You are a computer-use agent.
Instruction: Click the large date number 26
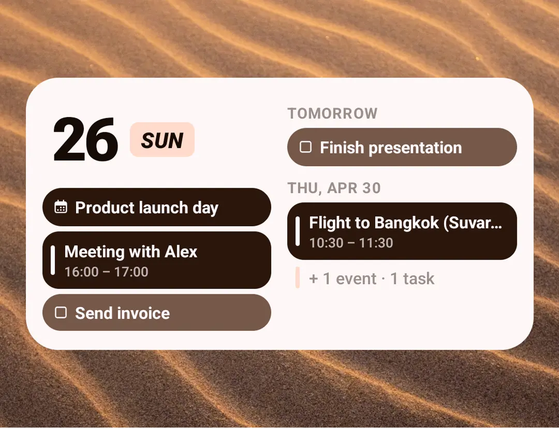click(x=85, y=139)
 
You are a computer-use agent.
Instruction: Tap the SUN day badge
click(x=162, y=140)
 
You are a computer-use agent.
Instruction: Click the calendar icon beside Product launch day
click(x=61, y=207)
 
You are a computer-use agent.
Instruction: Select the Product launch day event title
click(x=146, y=208)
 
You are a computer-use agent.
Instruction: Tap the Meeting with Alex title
click(x=131, y=252)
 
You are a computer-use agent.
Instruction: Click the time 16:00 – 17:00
click(x=106, y=272)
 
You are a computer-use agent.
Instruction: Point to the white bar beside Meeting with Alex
click(x=53, y=260)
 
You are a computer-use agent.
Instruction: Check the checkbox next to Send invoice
click(x=61, y=313)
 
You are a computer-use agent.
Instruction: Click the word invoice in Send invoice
click(x=143, y=313)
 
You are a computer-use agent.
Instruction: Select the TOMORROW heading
click(x=333, y=114)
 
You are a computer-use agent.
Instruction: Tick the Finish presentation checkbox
click(x=305, y=147)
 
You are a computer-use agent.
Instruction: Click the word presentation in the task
click(x=415, y=148)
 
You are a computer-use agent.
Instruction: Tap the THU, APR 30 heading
click(x=334, y=188)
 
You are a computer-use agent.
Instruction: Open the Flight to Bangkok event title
click(x=405, y=223)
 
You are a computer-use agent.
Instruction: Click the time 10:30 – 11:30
click(x=351, y=243)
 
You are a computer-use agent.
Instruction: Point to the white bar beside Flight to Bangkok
click(x=298, y=231)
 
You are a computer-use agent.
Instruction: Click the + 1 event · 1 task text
click(x=372, y=278)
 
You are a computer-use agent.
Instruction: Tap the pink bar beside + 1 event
click(x=298, y=277)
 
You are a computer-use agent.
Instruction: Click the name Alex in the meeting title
click(x=181, y=252)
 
